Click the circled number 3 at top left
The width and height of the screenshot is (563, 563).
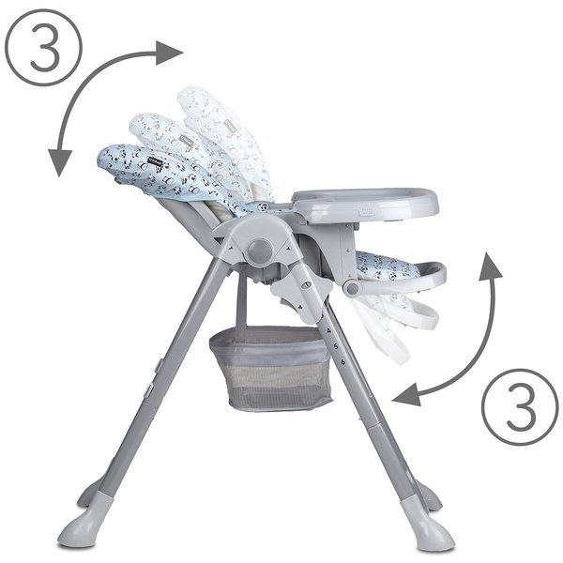(44, 47)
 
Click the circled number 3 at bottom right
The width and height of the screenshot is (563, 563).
(520, 407)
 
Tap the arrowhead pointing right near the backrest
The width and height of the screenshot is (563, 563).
(169, 53)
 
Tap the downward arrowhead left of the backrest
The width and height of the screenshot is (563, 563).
(60, 162)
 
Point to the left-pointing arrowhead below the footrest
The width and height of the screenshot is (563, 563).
(407, 395)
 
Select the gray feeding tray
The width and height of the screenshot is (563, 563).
(365, 205)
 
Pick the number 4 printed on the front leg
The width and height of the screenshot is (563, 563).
(329, 330)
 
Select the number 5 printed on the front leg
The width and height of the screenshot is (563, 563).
(336, 346)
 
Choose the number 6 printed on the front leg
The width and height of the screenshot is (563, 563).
(343, 361)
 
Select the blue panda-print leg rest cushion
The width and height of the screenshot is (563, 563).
(388, 265)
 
